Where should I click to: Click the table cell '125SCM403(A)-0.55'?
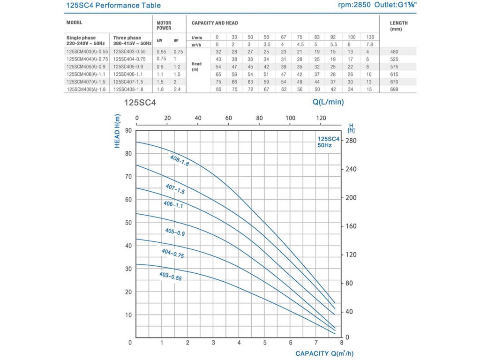(88, 52)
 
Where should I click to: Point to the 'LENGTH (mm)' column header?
(399, 25)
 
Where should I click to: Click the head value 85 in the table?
(217, 89)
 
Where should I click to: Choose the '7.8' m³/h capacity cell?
(370, 44)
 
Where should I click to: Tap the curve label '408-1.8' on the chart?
(179, 160)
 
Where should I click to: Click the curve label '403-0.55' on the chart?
(170, 277)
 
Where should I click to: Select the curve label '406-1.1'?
(173, 204)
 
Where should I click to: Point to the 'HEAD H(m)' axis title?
(118, 131)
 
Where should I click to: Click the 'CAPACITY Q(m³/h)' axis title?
(328, 353)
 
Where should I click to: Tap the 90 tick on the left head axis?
(127, 131)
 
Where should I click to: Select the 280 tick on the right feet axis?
(351, 141)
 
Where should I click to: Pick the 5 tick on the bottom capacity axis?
(265, 343)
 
